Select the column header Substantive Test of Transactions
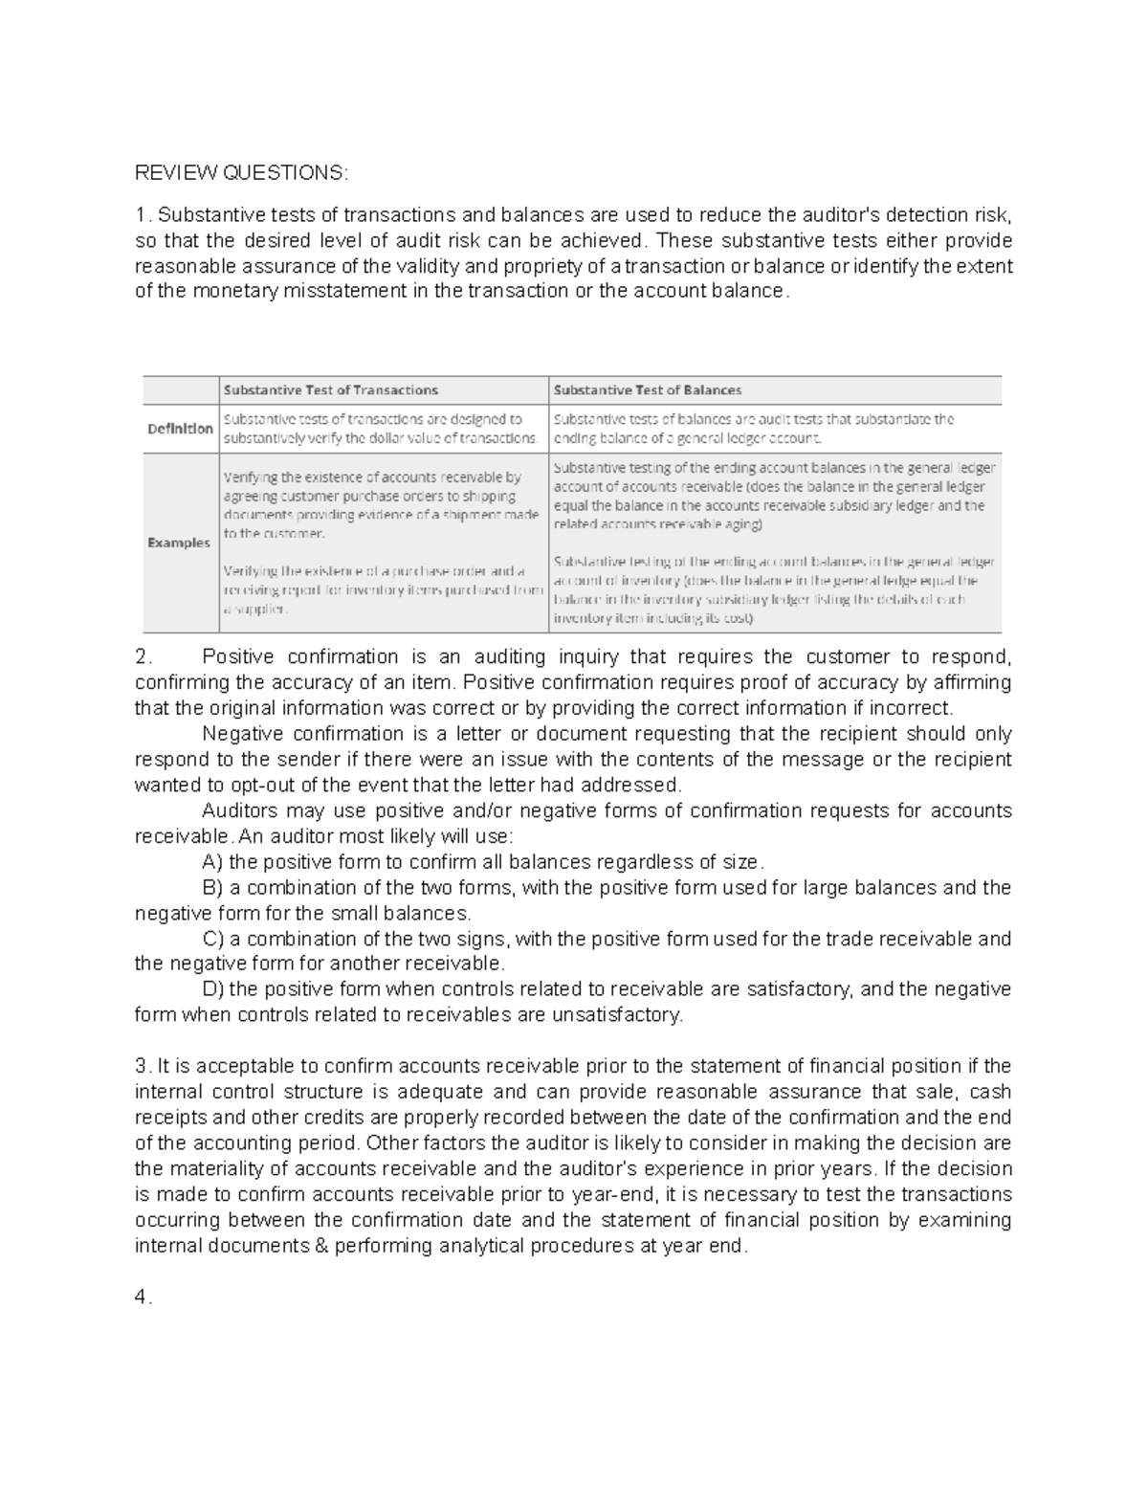[330, 389]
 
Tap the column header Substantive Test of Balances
[648, 389]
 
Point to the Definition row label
[180, 429]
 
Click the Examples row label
[179, 543]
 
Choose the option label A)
[213, 861]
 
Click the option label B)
[213, 887]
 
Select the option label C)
[214, 939]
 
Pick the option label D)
[214, 989]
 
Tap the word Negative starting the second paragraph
[242, 733]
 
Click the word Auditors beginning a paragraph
[240, 810]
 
